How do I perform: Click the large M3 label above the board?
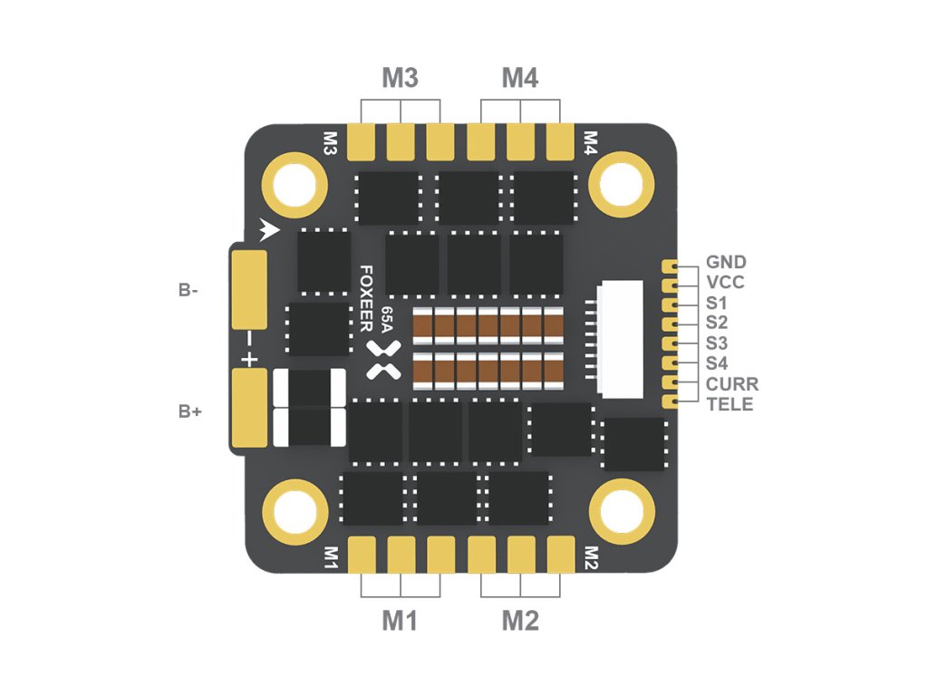(x=400, y=79)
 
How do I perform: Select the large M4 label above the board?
(x=520, y=79)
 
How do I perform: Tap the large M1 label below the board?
(x=400, y=621)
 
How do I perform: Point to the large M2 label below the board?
(x=520, y=621)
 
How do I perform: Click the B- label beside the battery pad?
(x=188, y=291)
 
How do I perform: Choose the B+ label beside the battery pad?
(x=189, y=411)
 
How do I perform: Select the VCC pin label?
(x=725, y=283)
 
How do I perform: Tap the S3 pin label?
(x=716, y=343)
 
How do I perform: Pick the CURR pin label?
(x=731, y=384)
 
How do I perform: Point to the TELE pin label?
(x=730, y=404)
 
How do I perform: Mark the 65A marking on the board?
(x=388, y=321)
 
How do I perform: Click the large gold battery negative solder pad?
(x=249, y=289)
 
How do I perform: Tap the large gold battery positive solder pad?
(x=249, y=409)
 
